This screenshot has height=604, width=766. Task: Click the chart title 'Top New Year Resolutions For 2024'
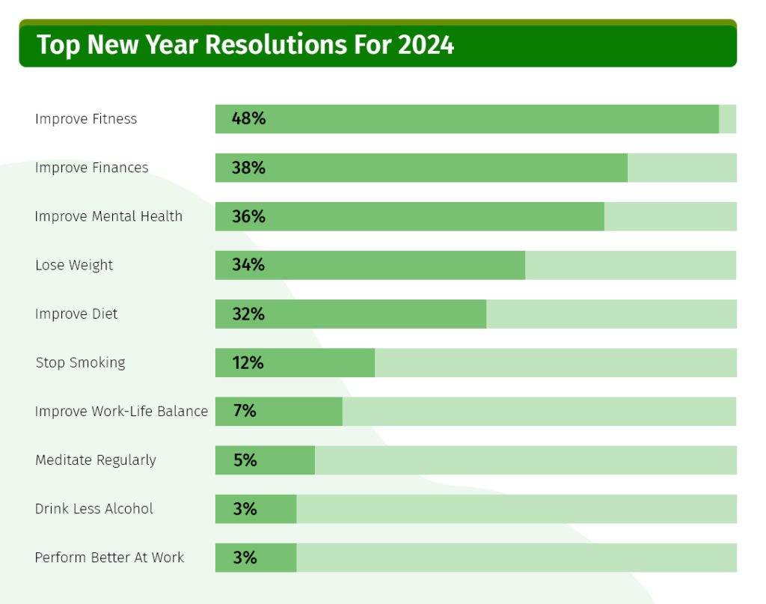[245, 45]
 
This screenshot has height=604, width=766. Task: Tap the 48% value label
[248, 119]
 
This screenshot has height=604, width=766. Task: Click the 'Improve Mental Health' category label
[108, 216]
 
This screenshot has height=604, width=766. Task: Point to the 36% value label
[248, 216]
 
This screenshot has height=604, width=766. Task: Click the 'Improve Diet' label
[76, 314]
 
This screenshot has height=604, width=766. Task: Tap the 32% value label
[248, 314]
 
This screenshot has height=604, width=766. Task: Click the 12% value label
[248, 363]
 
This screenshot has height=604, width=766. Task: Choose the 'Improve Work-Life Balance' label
[121, 411]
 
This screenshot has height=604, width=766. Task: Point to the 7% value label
[245, 411]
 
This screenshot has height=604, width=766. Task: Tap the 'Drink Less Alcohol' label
[94, 509]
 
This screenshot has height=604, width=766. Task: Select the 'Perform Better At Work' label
[109, 558]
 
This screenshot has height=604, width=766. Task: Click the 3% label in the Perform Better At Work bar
[245, 558]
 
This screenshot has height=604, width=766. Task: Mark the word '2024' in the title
[426, 45]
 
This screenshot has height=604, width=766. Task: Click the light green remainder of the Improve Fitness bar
[727, 119]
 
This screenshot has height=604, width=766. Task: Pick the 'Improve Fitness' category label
[86, 119]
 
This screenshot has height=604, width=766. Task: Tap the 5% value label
[245, 460]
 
